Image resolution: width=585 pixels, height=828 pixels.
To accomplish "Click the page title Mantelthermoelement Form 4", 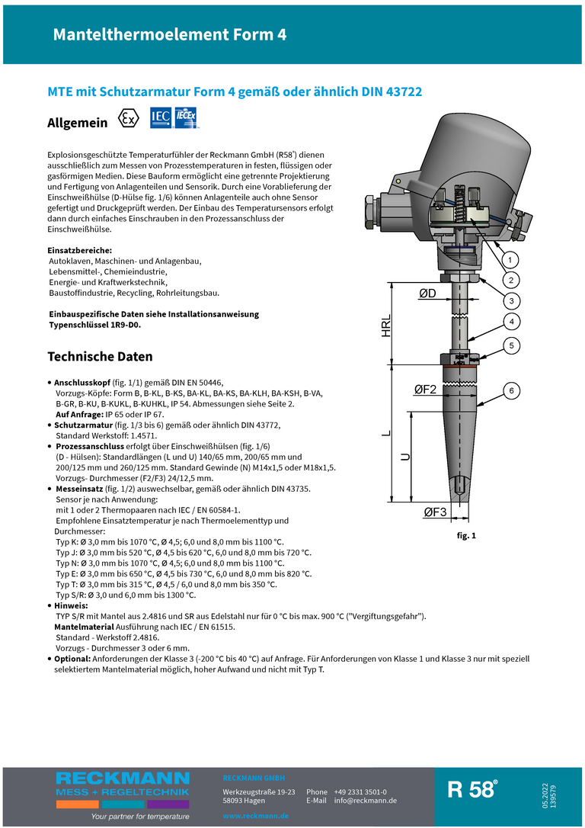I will (169, 35).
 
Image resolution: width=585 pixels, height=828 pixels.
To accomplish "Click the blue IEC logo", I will (161, 117).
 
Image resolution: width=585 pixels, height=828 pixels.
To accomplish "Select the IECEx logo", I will (187, 117).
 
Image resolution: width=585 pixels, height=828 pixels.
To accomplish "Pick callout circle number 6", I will (511, 391).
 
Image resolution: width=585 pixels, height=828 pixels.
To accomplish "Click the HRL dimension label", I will (387, 326).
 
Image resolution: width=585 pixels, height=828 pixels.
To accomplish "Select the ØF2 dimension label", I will (425, 390).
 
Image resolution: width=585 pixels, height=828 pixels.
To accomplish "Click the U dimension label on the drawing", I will (405, 457).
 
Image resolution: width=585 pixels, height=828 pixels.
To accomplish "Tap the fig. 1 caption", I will (466, 536).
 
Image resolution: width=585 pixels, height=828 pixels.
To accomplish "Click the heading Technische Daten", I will (100, 357).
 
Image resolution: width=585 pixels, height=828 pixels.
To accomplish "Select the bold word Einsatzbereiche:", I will (80, 250).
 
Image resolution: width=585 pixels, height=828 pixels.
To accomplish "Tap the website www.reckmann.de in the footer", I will (255, 816).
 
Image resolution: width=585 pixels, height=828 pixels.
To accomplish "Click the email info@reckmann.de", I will (365, 801).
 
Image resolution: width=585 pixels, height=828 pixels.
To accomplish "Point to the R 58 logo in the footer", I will (472, 790).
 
